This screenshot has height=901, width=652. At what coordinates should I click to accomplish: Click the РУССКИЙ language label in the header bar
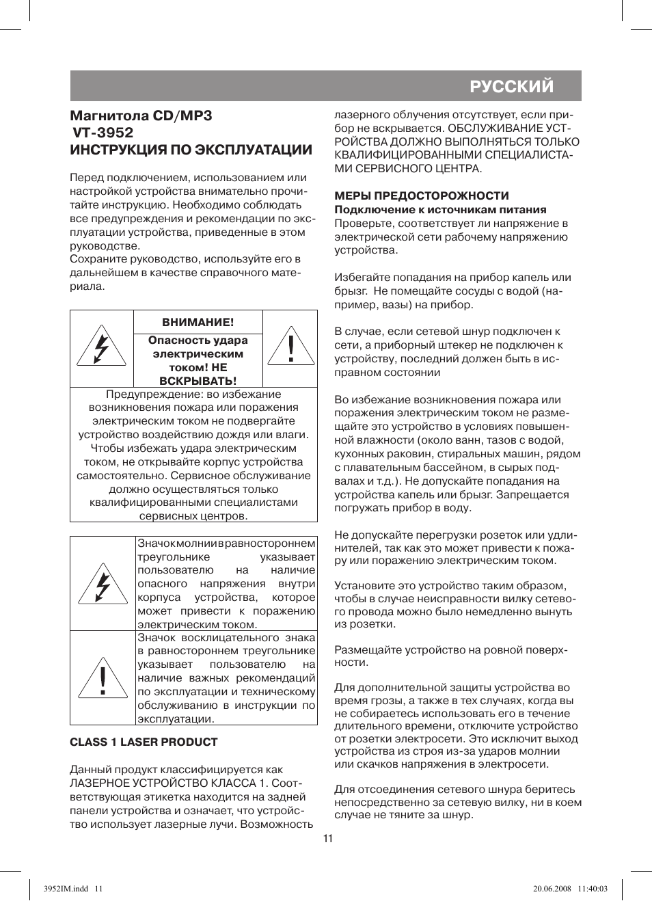[x=511, y=86]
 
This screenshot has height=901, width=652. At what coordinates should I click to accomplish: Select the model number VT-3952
[x=103, y=133]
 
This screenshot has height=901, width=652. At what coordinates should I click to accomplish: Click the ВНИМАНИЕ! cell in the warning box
[x=198, y=322]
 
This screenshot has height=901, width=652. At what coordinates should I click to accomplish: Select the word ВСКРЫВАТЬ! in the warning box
[x=198, y=381]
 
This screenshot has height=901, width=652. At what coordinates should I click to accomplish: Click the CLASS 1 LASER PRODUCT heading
[x=144, y=742]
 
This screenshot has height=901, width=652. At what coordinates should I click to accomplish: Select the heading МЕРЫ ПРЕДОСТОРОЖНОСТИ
[x=422, y=196]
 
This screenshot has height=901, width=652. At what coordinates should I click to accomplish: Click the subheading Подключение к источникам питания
[x=440, y=210]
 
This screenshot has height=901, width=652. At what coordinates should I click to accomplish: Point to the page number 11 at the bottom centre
[x=328, y=839]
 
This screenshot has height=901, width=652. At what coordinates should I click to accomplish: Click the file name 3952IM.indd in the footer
[x=66, y=889]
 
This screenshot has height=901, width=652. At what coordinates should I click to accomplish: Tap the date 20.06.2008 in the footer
[x=552, y=889]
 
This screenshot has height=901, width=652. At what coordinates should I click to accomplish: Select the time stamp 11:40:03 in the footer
[x=593, y=889]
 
